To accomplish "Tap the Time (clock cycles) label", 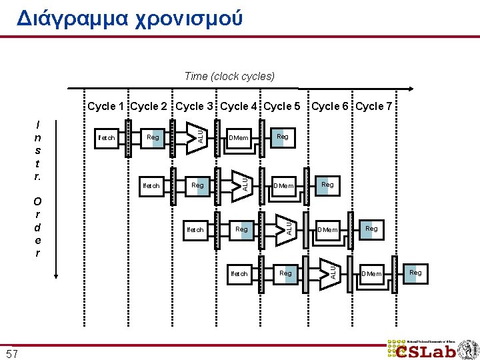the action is pos(229,76).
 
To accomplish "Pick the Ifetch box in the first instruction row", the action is pos(107,138).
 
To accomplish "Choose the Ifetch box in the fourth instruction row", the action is pos(239,273).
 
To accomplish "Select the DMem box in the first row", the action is pos(239,138).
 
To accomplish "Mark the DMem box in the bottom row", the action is pos(371,273).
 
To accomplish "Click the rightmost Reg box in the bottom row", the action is pos(415,273).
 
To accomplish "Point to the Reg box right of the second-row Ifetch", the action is pos(198,184).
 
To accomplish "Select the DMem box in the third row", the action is pos(327,229).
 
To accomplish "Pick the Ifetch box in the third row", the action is pos(195,229).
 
